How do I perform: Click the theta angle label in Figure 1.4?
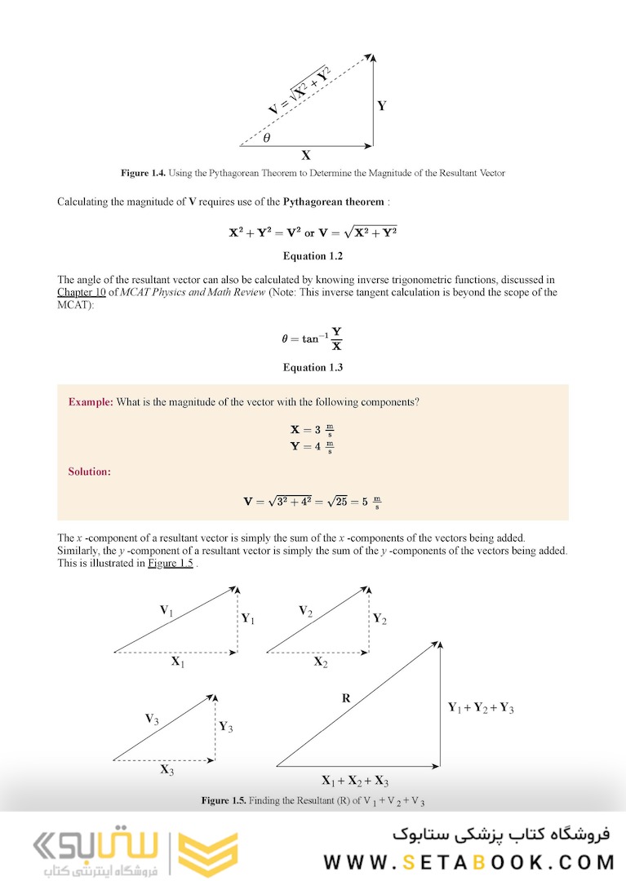(267, 138)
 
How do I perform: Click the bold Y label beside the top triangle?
(381, 106)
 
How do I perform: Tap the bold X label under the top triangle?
(306, 155)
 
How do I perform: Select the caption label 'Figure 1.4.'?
(144, 173)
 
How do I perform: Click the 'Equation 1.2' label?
(313, 256)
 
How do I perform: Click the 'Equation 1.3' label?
(313, 367)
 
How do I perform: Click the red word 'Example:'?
(91, 402)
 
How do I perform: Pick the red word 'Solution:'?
(90, 471)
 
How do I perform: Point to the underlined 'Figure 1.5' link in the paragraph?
(170, 563)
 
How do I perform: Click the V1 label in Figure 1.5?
(166, 610)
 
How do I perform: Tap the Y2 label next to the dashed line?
(380, 619)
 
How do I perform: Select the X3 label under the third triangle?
(166, 769)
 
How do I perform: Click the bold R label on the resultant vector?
(346, 698)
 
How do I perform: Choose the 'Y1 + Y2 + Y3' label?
(481, 708)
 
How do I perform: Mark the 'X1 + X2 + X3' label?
(355, 780)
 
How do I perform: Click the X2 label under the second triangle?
(321, 662)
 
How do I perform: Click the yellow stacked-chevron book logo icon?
(202, 852)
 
